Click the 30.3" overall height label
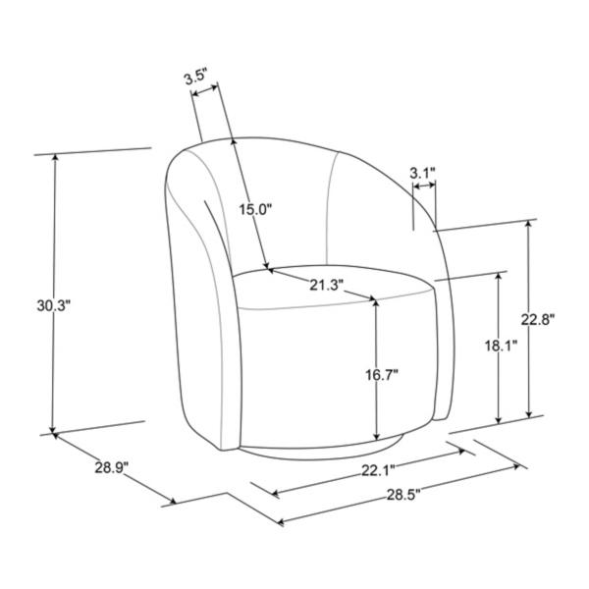pyautogui.click(x=54, y=305)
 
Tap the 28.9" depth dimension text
pyautogui.click(x=112, y=468)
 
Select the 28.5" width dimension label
pyautogui.click(x=403, y=495)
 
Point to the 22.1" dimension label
pyautogui.click(x=378, y=470)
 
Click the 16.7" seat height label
pyautogui.click(x=382, y=374)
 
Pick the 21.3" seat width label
pyautogui.click(x=327, y=285)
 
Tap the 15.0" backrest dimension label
pyautogui.click(x=255, y=210)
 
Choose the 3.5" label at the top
pyautogui.click(x=195, y=78)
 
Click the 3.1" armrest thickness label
pyautogui.click(x=422, y=173)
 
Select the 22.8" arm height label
pyautogui.click(x=538, y=320)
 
